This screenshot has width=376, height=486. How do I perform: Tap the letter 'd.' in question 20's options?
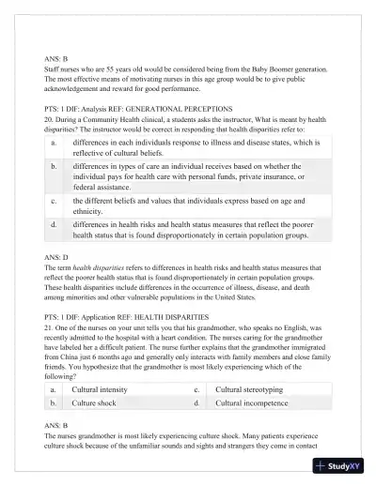[x=54, y=226]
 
